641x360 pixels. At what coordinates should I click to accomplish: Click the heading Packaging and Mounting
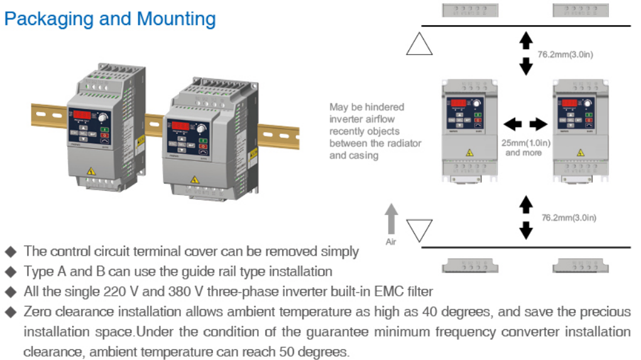click(x=110, y=19)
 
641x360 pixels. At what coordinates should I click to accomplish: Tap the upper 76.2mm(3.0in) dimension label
click(x=565, y=55)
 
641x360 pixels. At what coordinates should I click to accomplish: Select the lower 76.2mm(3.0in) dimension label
click(x=569, y=217)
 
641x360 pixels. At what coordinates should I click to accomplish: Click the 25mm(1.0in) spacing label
click(x=526, y=143)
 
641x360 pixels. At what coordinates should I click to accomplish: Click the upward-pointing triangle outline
click(x=419, y=44)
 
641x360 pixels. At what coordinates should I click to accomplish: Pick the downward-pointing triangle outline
click(x=419, y=230)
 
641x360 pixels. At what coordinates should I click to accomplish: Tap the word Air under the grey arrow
click(x=391, y=242)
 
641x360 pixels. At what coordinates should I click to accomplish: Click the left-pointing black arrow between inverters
click(x=512, y=124)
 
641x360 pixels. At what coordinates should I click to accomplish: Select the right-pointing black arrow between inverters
click(x=539, y=124)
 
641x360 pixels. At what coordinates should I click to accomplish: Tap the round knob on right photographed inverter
click(x=201, y=129)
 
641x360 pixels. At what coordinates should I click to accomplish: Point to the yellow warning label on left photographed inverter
click(x=92, y=170)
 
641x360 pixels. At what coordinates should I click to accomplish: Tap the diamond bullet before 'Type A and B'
click(x=10, y=272)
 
